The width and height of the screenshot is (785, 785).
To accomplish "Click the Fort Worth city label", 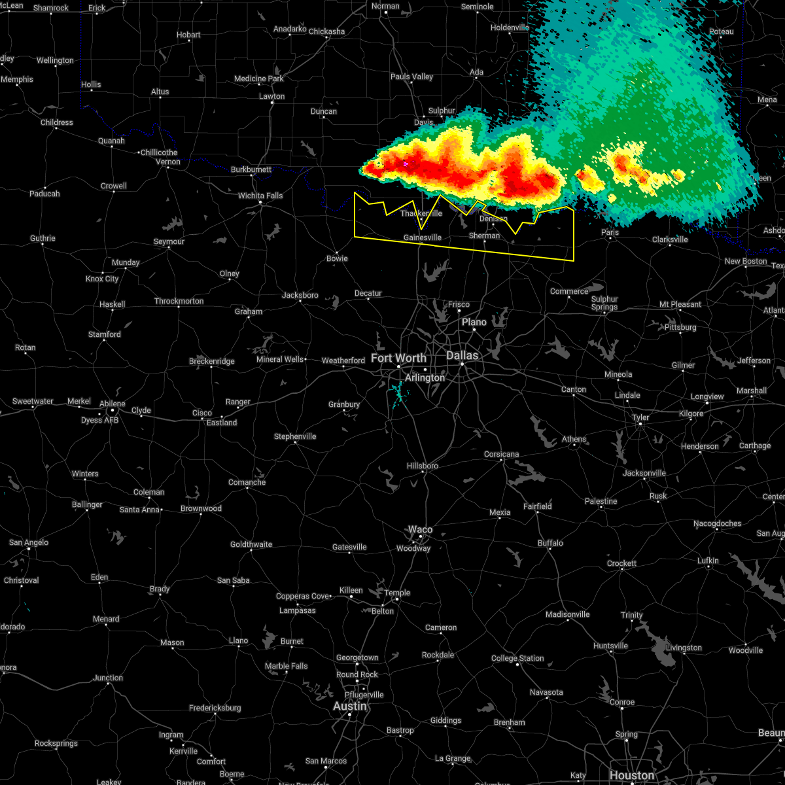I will pos(398,358).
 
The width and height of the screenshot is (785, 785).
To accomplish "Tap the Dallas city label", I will pos(462,355).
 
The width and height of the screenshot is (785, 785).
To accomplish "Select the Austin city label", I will pos(350,706).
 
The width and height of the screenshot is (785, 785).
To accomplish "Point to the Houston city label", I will pos(632,775).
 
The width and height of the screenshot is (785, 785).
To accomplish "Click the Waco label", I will pos(420,529).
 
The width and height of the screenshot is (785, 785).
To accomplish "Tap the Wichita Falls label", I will pos(260,196).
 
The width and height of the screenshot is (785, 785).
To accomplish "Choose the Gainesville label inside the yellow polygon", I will pos(423,237).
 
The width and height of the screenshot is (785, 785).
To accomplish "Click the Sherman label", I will pos(484,235).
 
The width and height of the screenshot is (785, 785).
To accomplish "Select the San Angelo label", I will pos(28,542).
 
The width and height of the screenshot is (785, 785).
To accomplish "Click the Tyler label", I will pos(640,417).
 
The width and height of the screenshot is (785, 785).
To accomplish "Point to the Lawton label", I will pos(271,96).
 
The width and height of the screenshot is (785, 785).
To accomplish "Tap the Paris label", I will pos(610,232).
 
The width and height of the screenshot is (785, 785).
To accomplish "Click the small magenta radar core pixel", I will pos(406,164).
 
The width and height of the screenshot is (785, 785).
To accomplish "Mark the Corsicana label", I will pos(502,454).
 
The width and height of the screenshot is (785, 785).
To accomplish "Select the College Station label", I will pos(517,658).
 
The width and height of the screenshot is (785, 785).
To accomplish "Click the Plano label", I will pos(474,322).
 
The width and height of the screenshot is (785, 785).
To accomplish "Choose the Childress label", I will pos(57,122).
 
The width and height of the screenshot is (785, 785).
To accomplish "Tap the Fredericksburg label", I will pos(215,708).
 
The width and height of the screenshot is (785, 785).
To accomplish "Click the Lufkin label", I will pos(708,561).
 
